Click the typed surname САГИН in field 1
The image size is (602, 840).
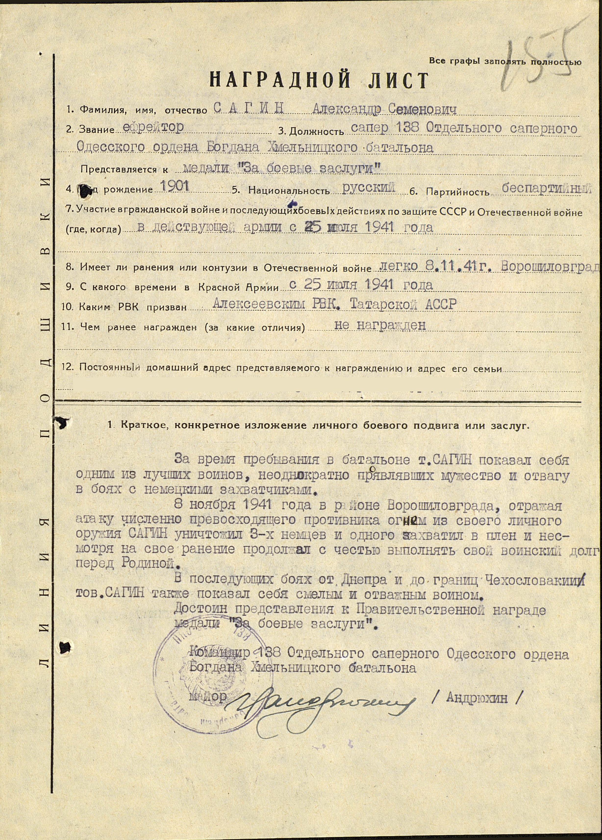tap(249, 108)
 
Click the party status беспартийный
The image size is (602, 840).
tap(545, 189)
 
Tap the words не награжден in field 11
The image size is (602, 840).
tap(380, 325)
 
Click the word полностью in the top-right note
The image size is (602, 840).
tap(555, 62)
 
